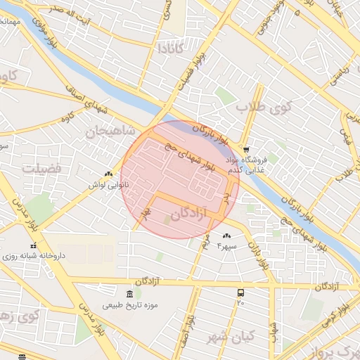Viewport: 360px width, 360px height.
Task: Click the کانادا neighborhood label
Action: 172,49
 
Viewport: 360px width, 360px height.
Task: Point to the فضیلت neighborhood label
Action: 41,169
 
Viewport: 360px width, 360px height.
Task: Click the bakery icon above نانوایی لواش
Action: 108,173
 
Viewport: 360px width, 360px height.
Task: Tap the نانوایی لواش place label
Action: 108,184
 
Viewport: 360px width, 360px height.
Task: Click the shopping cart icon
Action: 245,149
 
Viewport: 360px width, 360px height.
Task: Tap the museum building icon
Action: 128,294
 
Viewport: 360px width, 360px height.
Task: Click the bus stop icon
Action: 241,292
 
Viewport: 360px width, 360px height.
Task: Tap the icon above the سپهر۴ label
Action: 226,236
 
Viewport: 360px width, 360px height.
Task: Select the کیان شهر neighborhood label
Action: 231,337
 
